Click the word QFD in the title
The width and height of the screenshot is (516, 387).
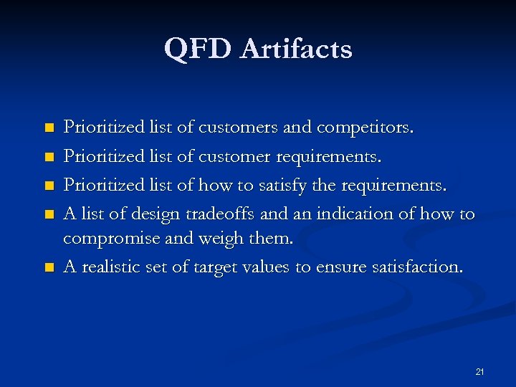[198, 49]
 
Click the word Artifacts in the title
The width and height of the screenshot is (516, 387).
[296, 49]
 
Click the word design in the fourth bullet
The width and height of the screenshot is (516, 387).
[157, 214]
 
